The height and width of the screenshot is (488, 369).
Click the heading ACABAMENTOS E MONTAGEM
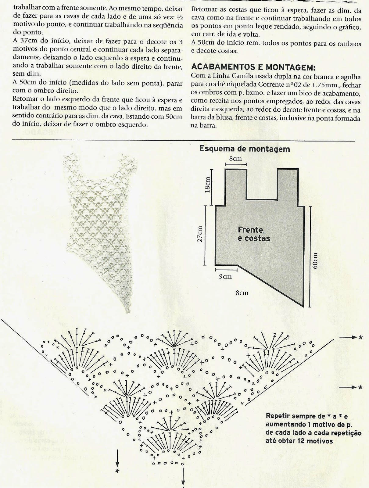pyautogui.click(x=253, y=67)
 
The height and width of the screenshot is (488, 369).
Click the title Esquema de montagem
pyautogui.click(x=244, y=149)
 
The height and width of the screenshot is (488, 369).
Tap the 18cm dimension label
pyautogui.click(x=207, y=185)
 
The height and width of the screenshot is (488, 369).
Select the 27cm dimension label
pyautogui.click(x=200, y=234)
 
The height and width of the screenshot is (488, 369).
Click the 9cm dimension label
pyautogui.click(x=225, y=277)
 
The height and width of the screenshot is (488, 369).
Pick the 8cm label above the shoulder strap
pyautogui.click(x=235, y=159)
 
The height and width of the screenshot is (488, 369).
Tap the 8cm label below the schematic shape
pyautogui.click(x=242, y=293)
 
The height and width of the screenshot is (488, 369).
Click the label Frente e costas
pyautogui.click(x=254, y=234)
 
